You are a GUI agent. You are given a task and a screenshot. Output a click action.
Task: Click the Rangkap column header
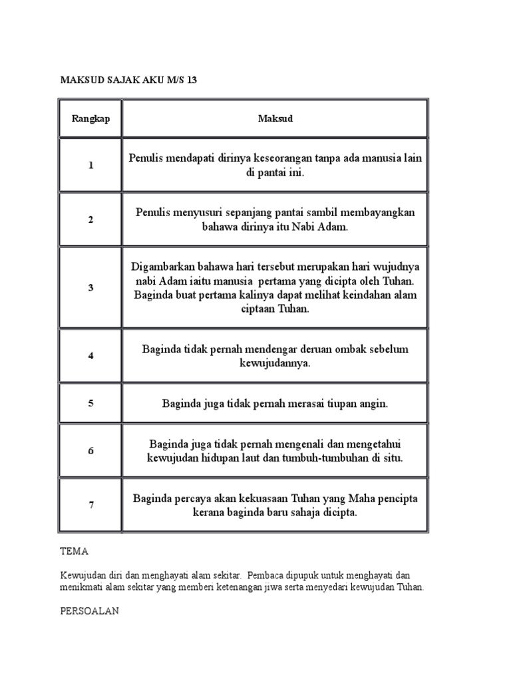pyautogui.click(x=90, y=118)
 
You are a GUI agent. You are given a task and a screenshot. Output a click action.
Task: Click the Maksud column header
pyautogui.click(x=275, y=118)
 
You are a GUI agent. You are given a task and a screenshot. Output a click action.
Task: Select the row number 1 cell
pyautogui.click(x=90, y=166)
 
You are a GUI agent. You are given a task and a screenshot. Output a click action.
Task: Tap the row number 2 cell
pyautogui.click(x=90, y=219)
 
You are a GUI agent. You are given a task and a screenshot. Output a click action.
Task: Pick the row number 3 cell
pyautogui.click(x=90, y=287)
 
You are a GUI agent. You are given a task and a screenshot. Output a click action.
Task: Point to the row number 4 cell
pyautogui.click(x=90, y=356)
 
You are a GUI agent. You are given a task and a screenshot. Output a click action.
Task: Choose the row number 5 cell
pyautogui.click(x=90, y=403)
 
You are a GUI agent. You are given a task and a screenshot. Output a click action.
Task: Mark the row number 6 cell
pyautogui.click(x=90, y=450)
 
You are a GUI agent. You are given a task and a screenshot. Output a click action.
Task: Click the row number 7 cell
pyautogui.click(x=90, y=505)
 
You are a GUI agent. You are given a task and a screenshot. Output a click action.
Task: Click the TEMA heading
pyautogui.click(x=74, y=552)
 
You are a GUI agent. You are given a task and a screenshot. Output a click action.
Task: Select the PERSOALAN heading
pyautogui.click(x=89, y=611)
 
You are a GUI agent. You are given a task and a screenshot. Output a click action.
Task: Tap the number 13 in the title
pyautogui.click(x=192, y=80)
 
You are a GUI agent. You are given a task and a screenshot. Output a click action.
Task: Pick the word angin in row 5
pyautogui.click(x=374, y=403)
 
